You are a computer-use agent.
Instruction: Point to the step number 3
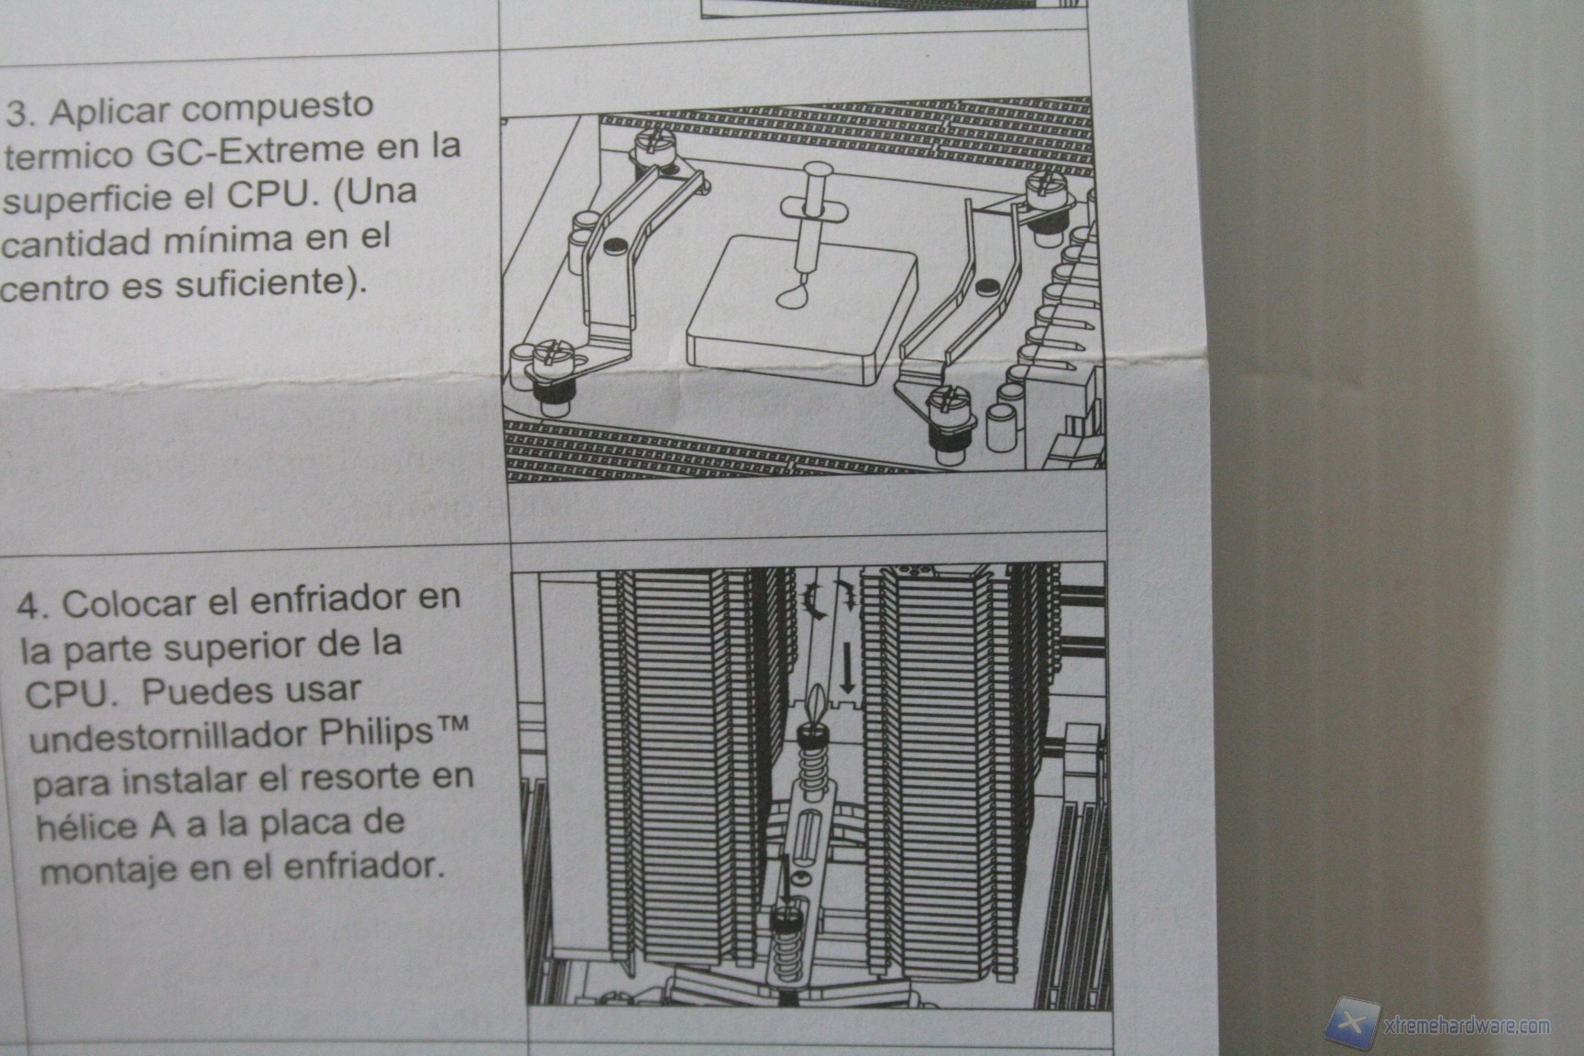click(21, 115)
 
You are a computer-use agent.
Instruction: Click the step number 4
click(33, 607)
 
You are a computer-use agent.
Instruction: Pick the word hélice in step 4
click(85, 826)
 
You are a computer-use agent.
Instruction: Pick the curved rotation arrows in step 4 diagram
click(832, 600)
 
